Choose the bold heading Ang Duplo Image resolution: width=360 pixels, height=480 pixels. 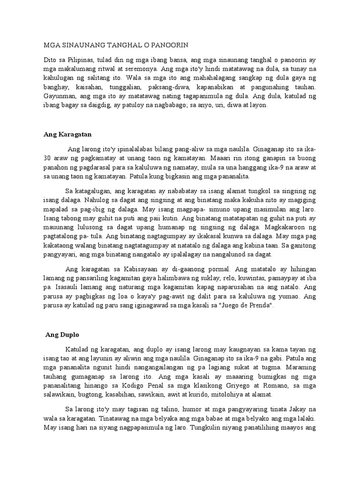coord(62,335)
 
